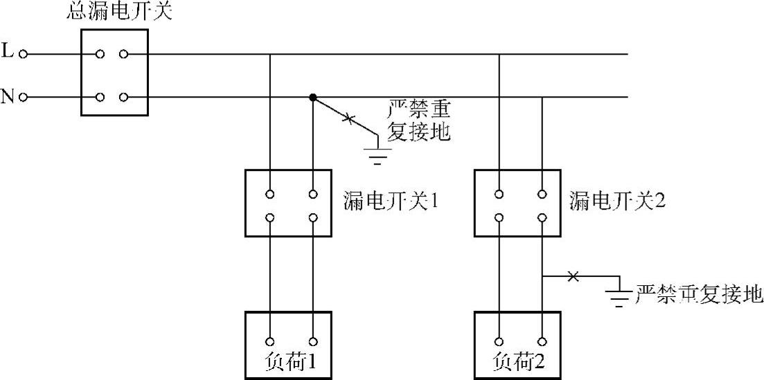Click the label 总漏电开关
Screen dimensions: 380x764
[x=120, y=11]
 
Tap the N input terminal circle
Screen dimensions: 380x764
[x=24, y=97]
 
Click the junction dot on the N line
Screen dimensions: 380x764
[x=313, y=98]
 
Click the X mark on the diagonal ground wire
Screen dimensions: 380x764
[x=348, y=120]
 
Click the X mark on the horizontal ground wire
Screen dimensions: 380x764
[x=572, y=277]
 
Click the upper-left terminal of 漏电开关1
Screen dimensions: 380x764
[x=270, y=194]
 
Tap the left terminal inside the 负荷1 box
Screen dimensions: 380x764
[x=270, y=341]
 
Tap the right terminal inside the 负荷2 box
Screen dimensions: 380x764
[x=542, y=341]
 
